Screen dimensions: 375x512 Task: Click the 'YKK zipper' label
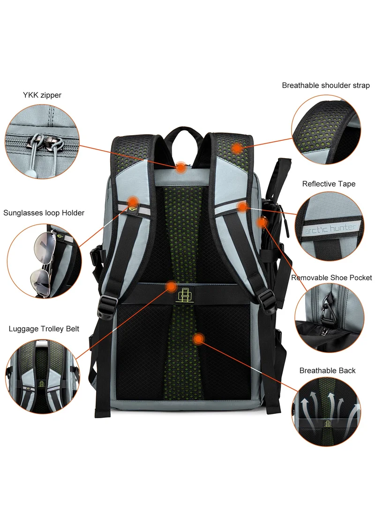click(x=42, y=95)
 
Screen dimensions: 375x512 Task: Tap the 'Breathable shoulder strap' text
click(x=326, y=85)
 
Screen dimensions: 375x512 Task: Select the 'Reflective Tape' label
click(x=329, y=184)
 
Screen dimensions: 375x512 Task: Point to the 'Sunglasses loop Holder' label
click(x=44, y=213)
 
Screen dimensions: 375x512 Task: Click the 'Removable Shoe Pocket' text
click(x=331, y=277)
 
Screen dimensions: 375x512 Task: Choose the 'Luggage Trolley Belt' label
click(x=44, y=329)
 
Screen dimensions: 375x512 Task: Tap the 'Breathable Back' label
click(x=327, y=371)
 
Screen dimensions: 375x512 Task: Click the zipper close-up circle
click(x=42, y=142)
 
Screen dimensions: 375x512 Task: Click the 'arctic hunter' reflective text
click(x=330, y=229)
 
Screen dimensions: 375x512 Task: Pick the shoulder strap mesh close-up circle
click(x=326, y=130)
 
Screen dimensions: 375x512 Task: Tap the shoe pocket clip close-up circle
click(x=330, y=317)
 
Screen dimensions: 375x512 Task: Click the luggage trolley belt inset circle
click(x=43, y=376)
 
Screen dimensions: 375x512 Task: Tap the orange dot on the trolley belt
click(x=172, y=287)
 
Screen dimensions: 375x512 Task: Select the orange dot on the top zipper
click(x=181, y=168)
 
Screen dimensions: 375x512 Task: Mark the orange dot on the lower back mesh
click(x=198, y=339)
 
